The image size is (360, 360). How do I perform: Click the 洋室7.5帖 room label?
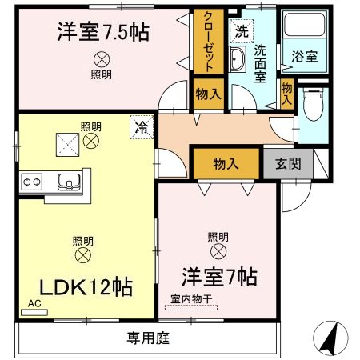(x=104, y=34)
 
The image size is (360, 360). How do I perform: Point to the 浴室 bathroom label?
(x=303, y=57)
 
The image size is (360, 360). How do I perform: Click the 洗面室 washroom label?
(x=260, y=62)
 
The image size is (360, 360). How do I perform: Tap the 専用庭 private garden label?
(x=149, y=338)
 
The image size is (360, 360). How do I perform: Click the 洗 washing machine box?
(x=240, y=32)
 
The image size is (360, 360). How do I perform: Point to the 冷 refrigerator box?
(x=141, y=126)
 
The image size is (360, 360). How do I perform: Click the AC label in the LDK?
(x=34, y=304)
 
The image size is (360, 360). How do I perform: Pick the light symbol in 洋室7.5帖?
(x=102, y=58)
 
